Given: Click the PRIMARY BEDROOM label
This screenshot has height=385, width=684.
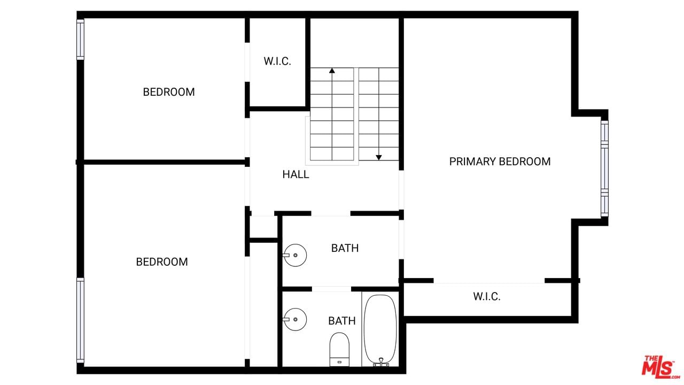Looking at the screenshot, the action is [500, 161].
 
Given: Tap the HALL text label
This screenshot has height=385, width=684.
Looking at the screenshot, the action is [296, 174].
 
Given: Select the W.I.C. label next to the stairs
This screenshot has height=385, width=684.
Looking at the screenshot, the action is [277, 61].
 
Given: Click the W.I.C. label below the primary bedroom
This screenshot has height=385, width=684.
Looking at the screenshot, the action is [487, 296].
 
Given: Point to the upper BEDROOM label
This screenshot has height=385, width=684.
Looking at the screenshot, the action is [169, 92].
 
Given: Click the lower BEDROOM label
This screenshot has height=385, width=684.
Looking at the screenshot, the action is [162, 262].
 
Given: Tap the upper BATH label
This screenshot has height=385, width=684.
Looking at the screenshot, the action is [345, 248].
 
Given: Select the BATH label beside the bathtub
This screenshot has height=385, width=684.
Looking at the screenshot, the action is [341, 321].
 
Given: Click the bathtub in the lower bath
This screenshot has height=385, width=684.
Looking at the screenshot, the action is [380, 330].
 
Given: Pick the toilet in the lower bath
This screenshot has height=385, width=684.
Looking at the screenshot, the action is [339, 349].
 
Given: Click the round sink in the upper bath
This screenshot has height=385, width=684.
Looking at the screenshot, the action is [295, 255].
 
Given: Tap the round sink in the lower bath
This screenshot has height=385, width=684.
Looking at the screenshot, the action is [295, 319].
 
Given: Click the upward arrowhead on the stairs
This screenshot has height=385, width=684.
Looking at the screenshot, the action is [332, 71].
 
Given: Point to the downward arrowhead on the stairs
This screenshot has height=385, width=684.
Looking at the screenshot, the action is [379, 158].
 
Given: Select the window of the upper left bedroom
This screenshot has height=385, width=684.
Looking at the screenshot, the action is [80, 40].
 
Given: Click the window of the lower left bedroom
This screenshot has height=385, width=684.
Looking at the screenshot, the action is [80, 320].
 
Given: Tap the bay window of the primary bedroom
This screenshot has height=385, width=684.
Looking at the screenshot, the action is [604, 168].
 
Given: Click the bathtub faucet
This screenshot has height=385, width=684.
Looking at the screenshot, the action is [381, 363].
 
